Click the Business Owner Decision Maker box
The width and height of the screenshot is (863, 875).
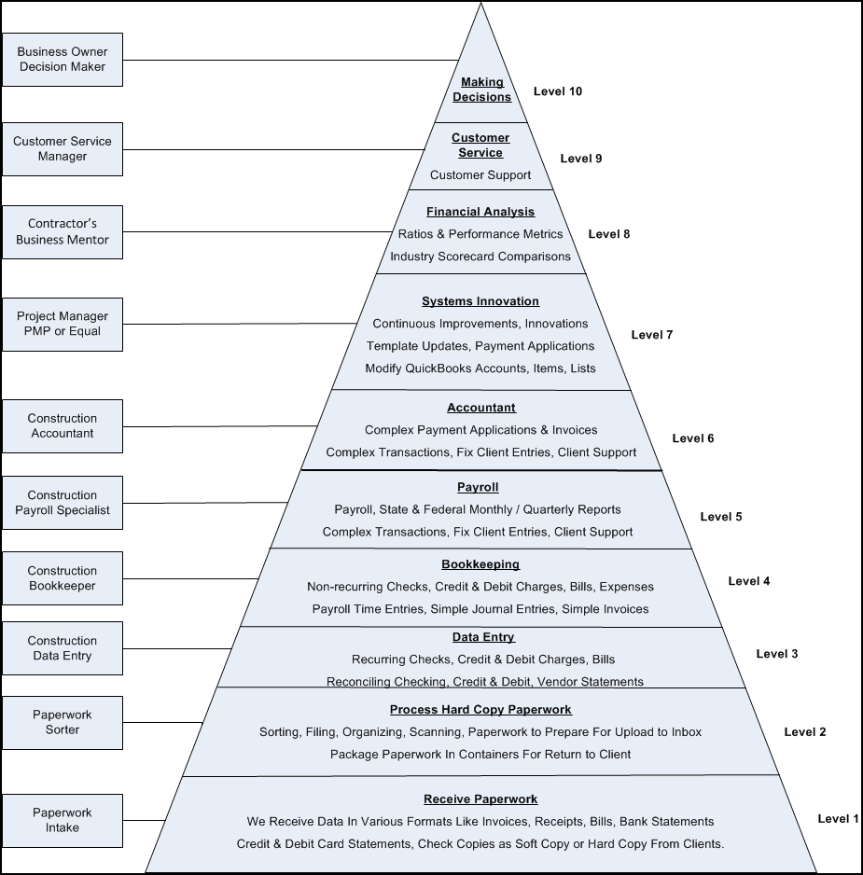(62, 60)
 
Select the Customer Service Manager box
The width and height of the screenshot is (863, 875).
(62, 148)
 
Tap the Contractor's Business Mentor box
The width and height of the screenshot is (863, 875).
(62, 232)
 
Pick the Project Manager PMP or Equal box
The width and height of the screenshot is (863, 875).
(62, 324)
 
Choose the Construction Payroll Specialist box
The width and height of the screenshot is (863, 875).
(62, 503)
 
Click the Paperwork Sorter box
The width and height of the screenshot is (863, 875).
(62, 722)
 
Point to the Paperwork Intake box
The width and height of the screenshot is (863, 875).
(62, 820)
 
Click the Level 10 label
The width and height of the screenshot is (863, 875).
(557, 91)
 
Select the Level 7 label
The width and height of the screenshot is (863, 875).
(651, 334)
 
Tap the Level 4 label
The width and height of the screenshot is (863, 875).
(748, 581)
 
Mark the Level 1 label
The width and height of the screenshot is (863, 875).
(837, 819)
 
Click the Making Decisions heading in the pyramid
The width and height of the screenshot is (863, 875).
(481, 90)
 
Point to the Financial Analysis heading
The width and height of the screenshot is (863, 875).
(480, 212)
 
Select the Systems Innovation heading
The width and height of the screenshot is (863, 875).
(480, 301)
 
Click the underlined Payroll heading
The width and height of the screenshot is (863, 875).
(478, 487)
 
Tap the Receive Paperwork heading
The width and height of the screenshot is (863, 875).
(480, 799)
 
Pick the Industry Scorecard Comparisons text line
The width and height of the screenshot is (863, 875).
(480, 257)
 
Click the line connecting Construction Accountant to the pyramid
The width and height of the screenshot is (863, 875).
(219, 426)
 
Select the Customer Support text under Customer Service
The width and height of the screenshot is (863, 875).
(480, 175)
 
